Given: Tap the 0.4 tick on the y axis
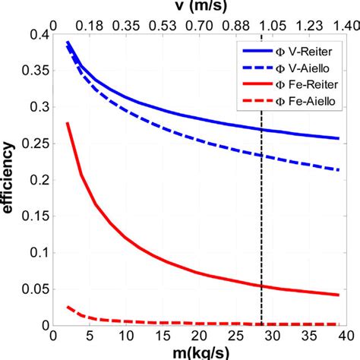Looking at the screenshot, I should tap(36, 35).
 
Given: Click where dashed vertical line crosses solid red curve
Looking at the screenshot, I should tap(261, 286).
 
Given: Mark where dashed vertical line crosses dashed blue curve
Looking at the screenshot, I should tap(261, 155).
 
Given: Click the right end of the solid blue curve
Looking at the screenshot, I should tap(339, 138).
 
